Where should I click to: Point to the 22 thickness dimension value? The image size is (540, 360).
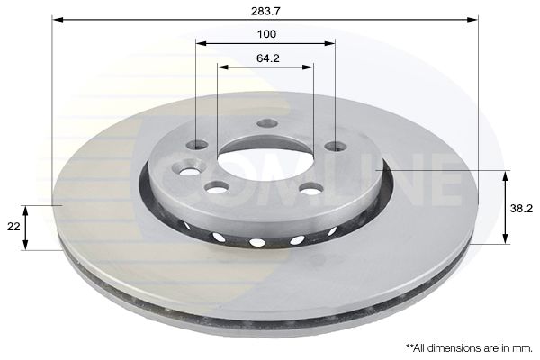tap(13, 228)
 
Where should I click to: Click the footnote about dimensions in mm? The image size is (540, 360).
tap(468, 346)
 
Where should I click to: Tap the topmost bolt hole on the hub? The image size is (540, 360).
tap(265, 124)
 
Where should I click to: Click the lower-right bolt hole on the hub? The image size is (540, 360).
tap(310, 188)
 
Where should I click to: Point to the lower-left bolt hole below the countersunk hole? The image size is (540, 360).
tap(217, 187)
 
